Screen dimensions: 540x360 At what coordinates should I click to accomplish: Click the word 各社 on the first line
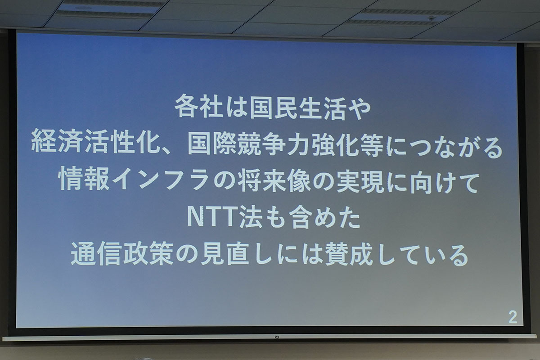[x=198, y=106]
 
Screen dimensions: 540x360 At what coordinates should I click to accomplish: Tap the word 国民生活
[x=298, y=107]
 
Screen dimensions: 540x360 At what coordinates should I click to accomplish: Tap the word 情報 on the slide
[x=84, y=179]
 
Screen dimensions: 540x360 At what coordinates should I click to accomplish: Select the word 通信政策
[x=122, y=253]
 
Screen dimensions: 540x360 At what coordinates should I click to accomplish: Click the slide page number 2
[x=513, y=317]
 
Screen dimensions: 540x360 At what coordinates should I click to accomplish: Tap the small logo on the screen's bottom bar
[x=277, y=337]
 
